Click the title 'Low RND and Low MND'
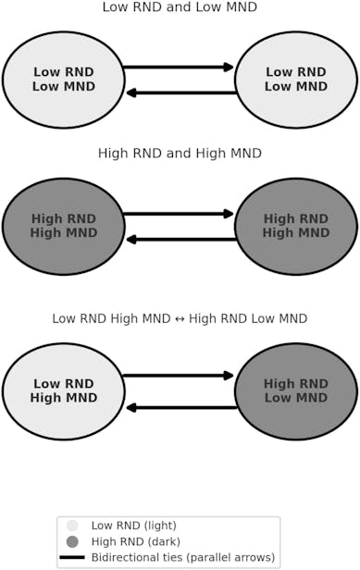[x=180, y=8]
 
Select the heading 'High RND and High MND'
[x=180, y=154]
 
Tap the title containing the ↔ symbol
[x=180, y=318]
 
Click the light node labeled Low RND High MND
[x=64, y=390]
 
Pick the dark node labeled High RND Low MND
[x=296, y=390]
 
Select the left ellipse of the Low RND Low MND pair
[x=64, y=80]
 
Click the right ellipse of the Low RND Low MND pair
[x=296, y=80]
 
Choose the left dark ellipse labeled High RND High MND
[x=64, y=226]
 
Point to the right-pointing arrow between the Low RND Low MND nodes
[x=179, y=67]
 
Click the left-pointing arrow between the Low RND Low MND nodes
[x=180, y=93]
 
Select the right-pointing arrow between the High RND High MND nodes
[x=179, y=214]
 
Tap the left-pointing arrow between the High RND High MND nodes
[x=180, y=240]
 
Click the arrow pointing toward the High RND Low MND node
[x=179, y=376]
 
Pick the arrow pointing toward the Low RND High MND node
[x=180, y=407]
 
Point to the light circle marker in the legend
[x=72, y=526]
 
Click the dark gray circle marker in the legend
[x=72, y=541]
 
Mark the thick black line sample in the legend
[x=72, y=557]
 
